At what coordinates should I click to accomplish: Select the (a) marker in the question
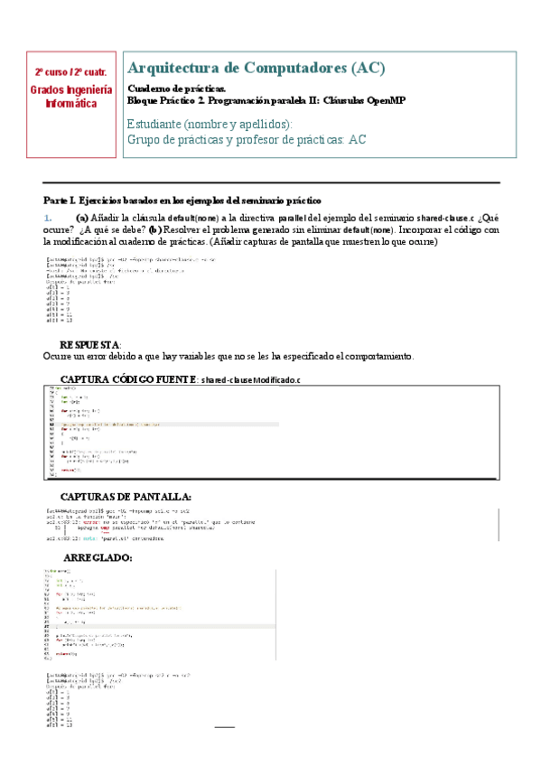point(81,219)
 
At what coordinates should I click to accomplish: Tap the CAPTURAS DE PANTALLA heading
point(125,496)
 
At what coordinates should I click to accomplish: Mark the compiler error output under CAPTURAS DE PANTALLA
point(145,526)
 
